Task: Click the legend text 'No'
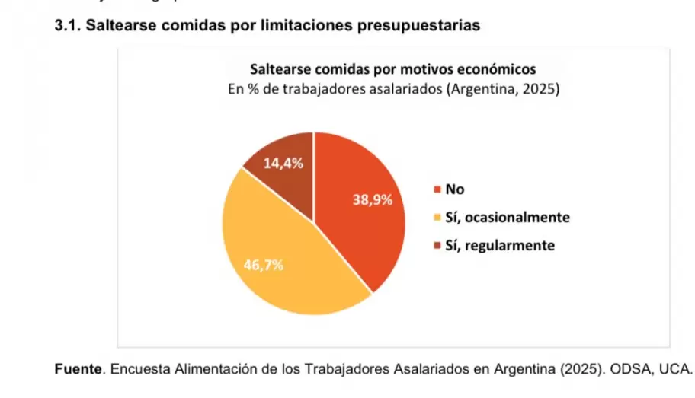point(454,189)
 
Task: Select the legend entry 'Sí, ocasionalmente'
point(507,218)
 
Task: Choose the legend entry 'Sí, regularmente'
point(499,245)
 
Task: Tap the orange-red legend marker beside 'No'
point(437,190)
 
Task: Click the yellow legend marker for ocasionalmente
point(437,218)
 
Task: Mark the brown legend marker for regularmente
point(437,246)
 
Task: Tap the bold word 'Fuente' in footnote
point(79,370)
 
